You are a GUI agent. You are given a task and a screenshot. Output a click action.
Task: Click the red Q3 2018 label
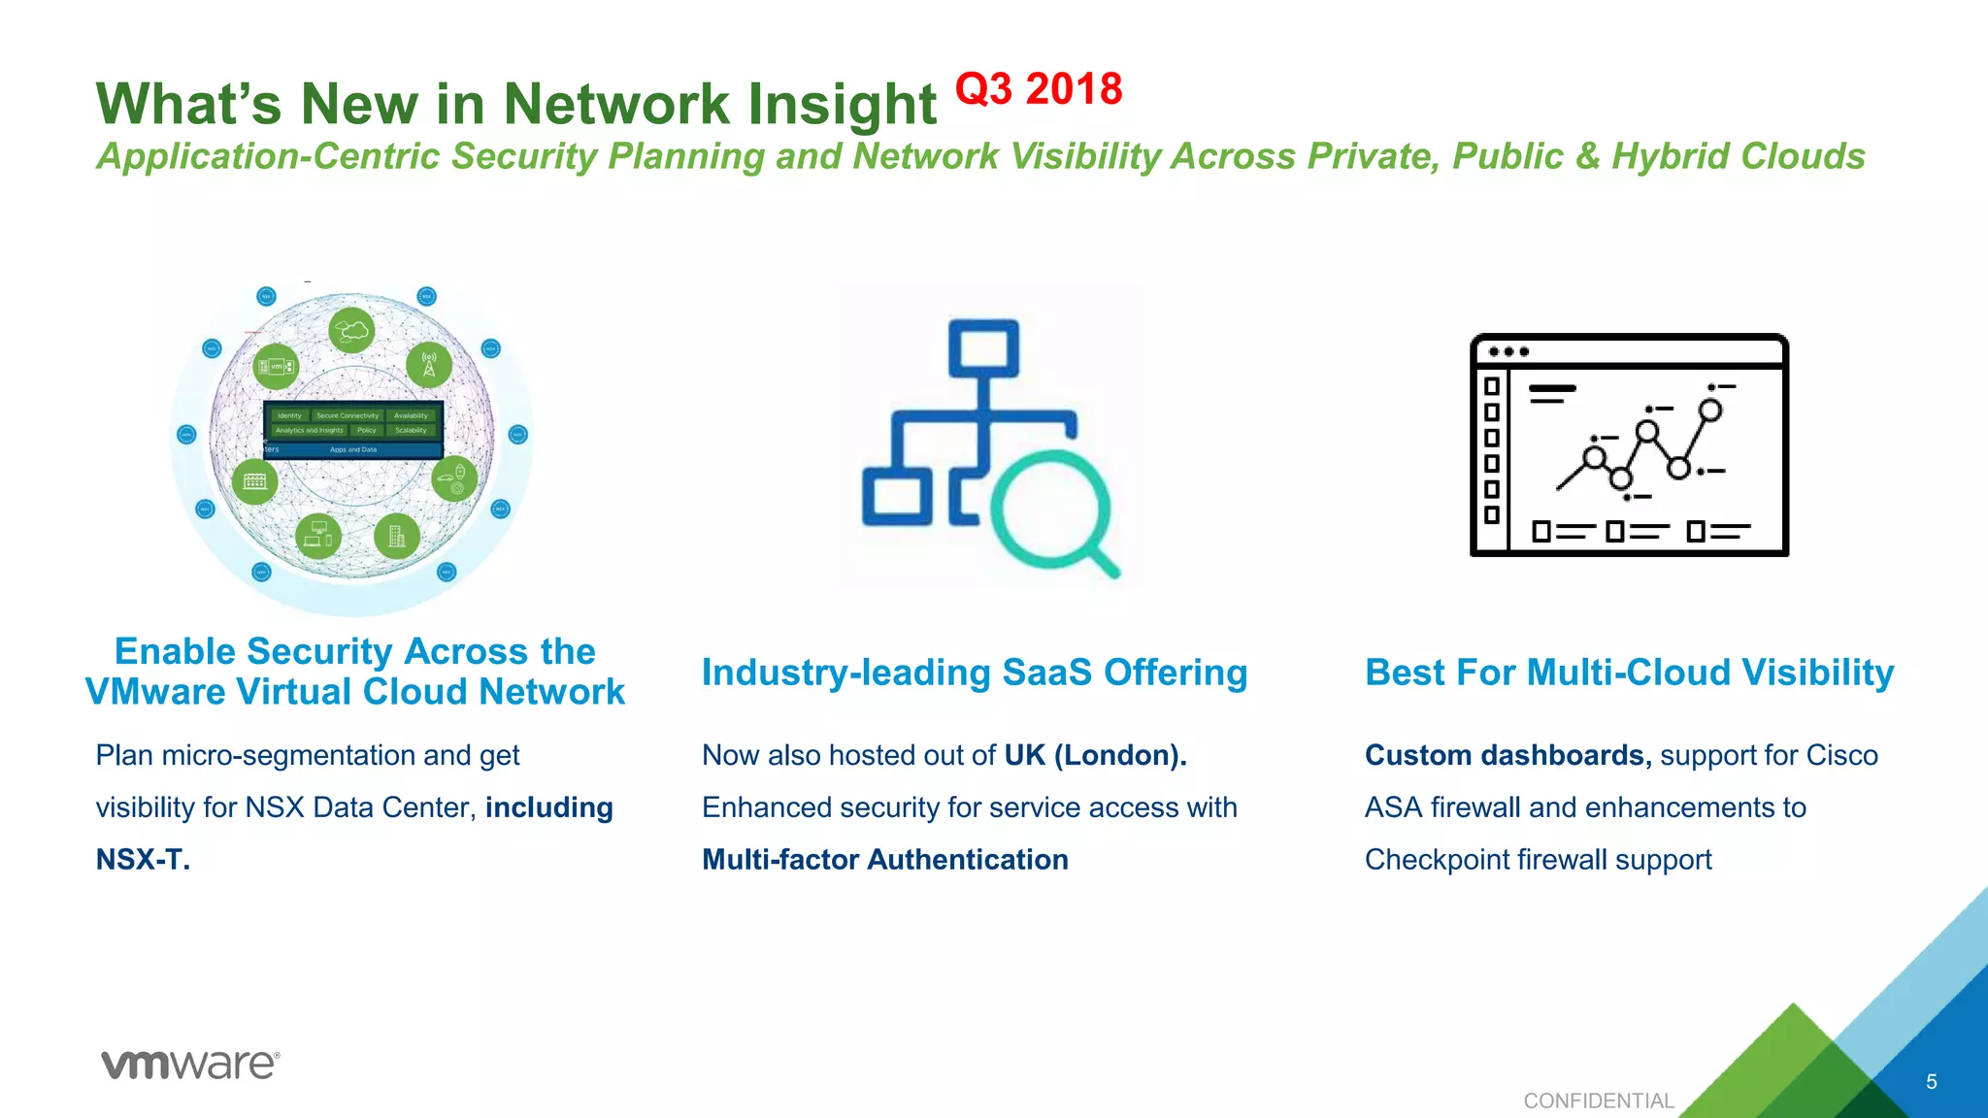1039,89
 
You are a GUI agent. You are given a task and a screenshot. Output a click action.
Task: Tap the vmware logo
190,1065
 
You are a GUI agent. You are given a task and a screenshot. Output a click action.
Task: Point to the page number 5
1931,1082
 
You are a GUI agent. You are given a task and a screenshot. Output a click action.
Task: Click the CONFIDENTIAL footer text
1598,1101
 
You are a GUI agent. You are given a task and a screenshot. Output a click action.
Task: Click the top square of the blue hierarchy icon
983,347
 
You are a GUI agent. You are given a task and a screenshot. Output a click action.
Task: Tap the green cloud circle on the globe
351,331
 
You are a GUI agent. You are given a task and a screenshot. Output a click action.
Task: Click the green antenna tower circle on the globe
428,365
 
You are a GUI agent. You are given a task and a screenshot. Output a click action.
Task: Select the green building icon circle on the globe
396,536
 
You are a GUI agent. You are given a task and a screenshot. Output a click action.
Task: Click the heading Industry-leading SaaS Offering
974,673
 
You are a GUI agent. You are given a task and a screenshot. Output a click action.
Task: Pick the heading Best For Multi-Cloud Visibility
1629,673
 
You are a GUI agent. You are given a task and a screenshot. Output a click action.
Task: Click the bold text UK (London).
1095,755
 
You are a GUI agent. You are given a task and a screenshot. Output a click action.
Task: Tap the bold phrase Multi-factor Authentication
884,860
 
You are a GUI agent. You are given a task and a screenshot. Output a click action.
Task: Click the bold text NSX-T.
142,860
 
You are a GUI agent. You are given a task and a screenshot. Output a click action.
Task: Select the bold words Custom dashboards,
1508,755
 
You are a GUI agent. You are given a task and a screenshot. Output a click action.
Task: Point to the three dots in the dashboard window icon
1508,351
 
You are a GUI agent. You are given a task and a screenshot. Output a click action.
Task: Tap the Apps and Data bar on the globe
353,450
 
